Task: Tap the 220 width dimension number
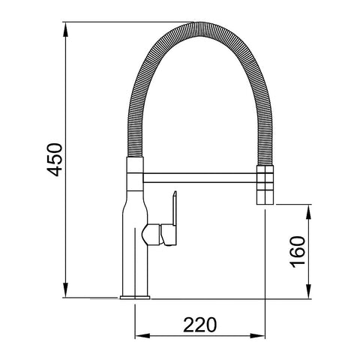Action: [x=200, y=325]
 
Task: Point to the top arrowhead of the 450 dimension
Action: [x=66, y=30]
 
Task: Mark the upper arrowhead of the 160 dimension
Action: [x=309, y=210]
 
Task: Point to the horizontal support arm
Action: [x=199, y=178]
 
